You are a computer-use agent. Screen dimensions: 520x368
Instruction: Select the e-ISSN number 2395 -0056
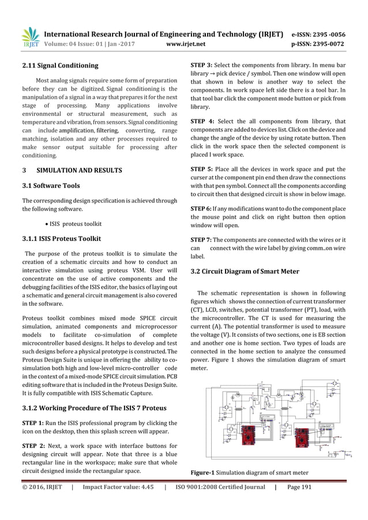coord(328,32)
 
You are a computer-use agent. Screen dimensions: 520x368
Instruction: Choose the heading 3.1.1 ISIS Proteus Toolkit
coord(61,239)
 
